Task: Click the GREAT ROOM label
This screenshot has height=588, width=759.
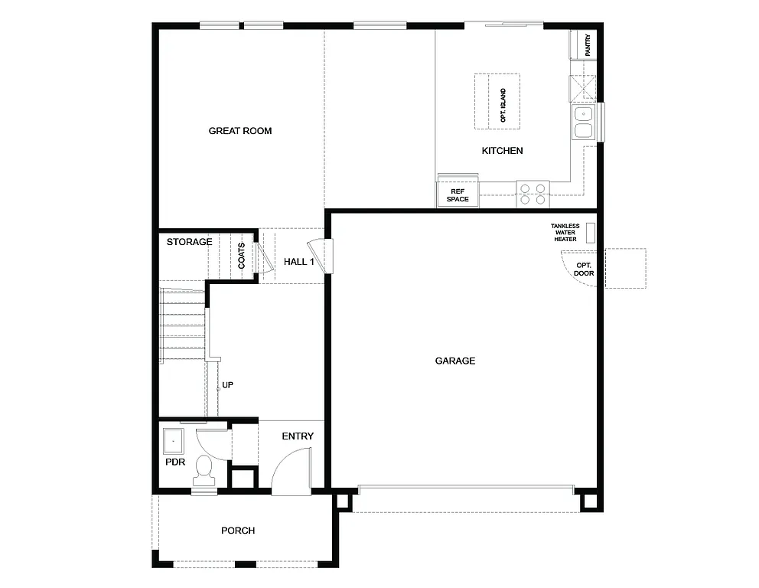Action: [x=240, y=131]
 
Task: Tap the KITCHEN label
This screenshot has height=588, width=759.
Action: [x=502, y=151]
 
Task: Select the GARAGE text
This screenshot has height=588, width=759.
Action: [x=455, y=361]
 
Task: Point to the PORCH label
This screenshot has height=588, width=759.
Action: [x=238, y=531]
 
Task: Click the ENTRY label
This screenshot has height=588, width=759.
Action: [x=298, y=436]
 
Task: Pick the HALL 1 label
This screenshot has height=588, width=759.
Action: [x=299, y=262]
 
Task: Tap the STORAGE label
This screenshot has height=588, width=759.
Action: [x=190, y=242]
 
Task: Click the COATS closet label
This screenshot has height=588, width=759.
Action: [x=242, y=256]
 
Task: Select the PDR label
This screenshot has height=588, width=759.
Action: [x=174, y=462]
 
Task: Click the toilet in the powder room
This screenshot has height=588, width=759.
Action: [x=204, y=469]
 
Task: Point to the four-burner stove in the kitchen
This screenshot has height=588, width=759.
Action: [x=533, y=194]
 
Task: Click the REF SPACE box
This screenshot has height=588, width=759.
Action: [x=458, y=194]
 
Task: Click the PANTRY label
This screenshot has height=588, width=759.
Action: [x=588, y=45]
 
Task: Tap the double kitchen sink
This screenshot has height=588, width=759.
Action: [x=583, y=122]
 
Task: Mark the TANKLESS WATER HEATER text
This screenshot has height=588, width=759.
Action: [x=565, y=233]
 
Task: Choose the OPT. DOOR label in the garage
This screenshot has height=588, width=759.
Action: [x=585, y=269]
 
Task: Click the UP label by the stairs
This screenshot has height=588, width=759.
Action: [x=227, y=385]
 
